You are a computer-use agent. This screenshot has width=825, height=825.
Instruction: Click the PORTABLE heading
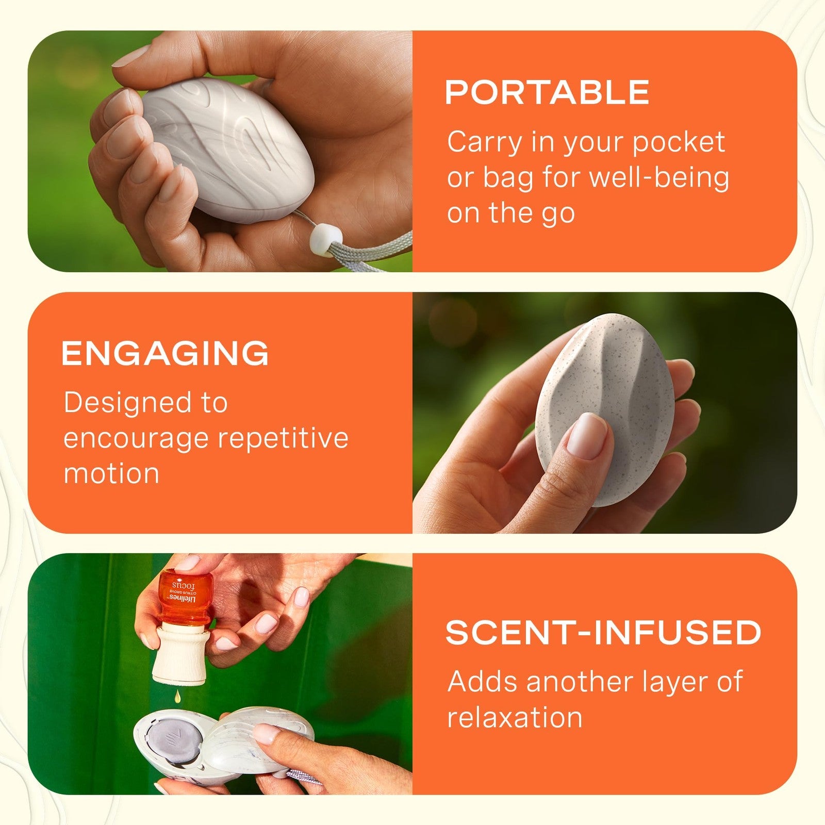[547, 92]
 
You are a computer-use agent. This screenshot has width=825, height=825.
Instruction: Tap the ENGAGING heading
[165, 353]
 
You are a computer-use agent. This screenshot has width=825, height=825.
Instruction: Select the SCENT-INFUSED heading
[603, 632]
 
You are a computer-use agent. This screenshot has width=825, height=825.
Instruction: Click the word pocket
[679, 143]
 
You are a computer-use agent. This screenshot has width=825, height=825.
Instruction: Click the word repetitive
[283, 439]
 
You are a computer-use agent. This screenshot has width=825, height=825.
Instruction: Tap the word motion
[111, 473]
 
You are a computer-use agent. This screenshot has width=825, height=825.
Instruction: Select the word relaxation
[515, 717]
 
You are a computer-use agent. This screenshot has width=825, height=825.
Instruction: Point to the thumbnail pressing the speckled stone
[586, 436]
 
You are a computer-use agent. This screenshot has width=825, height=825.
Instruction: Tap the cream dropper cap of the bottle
[179, 653]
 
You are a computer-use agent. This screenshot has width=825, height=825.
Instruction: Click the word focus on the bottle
[184, 586]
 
